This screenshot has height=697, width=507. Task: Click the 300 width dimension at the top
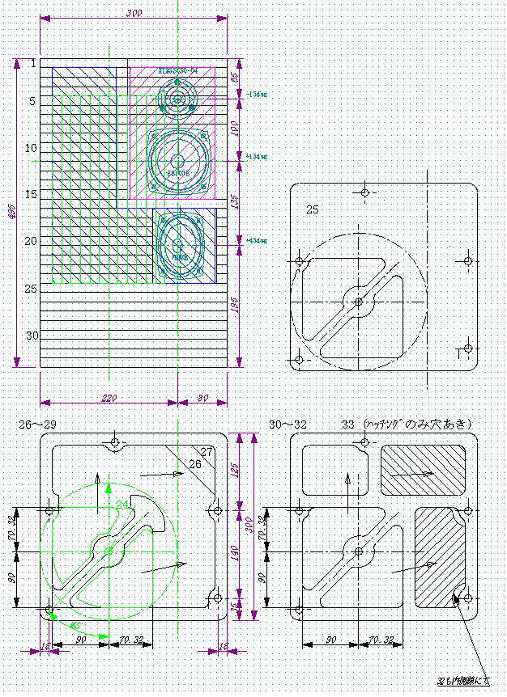[x=134, y=13]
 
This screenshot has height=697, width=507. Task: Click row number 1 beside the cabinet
[x=33, y=63]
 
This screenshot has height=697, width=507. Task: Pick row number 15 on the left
[x=31, y=194]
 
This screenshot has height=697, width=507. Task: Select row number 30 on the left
[x=32, y=335]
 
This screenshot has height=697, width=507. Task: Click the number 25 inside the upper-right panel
[x=313, y=209]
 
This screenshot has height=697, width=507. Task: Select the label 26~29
[x=35, y=425]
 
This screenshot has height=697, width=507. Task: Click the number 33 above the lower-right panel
[x=348, y=425]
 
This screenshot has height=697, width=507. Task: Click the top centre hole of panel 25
[x=365, y=192]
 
